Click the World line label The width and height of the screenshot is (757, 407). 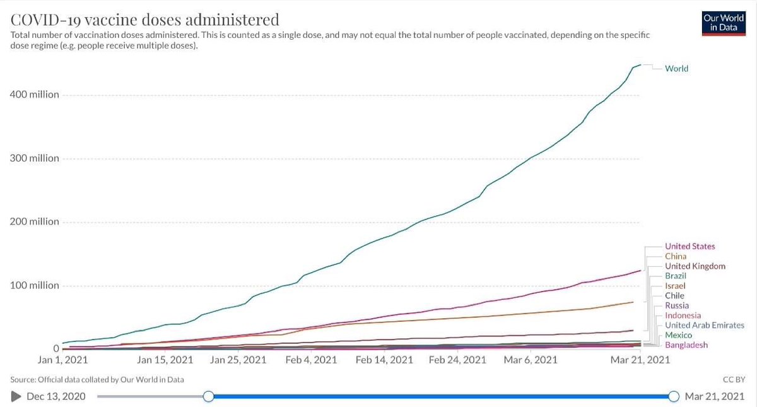676,69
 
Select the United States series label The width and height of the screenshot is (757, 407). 690,247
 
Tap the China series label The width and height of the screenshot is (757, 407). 676,256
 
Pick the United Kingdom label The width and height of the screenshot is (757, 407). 695,266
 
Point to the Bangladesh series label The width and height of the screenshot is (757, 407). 686,345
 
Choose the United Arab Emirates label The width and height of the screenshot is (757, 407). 705,325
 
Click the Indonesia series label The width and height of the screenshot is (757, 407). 683,316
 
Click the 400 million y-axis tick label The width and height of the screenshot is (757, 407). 35,94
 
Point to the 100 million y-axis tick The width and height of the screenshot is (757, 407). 35,285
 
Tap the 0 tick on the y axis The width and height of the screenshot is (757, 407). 56,348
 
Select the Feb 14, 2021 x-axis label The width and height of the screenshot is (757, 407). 384,360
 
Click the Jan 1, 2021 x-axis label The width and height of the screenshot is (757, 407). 62,360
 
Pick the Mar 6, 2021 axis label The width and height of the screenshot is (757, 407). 531,360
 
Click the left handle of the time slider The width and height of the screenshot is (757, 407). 209,396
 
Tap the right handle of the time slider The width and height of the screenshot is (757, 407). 674,396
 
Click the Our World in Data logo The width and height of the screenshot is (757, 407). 724,23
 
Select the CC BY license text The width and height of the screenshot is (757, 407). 734,380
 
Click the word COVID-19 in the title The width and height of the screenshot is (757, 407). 45,20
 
